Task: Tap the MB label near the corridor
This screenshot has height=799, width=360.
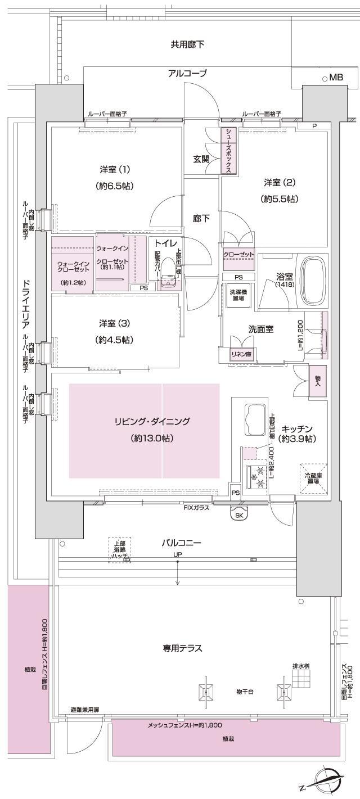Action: click(x=336, y=77)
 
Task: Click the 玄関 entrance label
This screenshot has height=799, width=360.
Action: click(x=201, y=159)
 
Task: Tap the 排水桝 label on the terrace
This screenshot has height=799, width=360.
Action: click(x=301, y=666)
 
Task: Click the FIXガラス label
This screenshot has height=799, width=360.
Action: click(x=196, y=508)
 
